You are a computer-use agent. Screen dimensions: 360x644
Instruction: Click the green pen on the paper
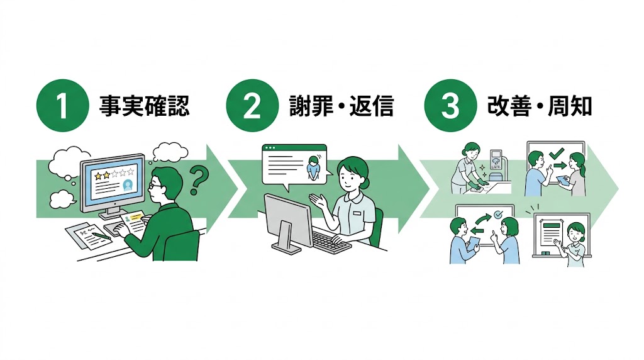97,235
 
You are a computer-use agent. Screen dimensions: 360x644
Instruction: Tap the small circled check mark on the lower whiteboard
497,215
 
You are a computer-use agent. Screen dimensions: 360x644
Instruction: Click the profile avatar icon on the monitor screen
128,185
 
